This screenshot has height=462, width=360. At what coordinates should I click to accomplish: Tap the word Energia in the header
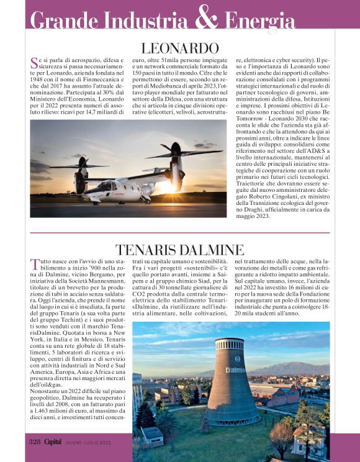pyautogui.click(x=261, y=21)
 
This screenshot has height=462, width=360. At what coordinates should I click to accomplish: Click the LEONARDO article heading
pyautogui.click(x=180, y=48)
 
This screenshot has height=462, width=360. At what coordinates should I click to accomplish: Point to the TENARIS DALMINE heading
pyautogui.click(x=180, y=250)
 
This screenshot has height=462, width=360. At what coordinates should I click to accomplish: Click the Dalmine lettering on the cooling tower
pyautogui.click(x=236, y=370)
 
